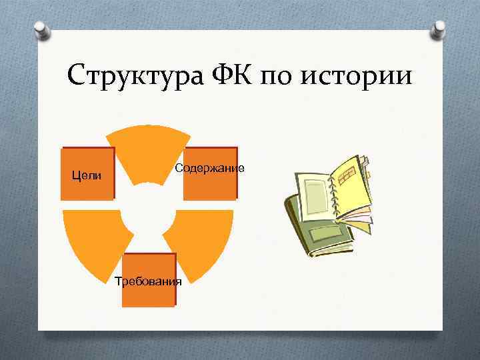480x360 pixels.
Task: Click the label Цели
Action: (87, 175)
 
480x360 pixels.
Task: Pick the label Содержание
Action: (209, 167)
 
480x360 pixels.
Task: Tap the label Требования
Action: (148, 281)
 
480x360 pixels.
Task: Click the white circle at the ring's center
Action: (148, 213)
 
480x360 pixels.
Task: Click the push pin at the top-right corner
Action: (439, 28)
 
